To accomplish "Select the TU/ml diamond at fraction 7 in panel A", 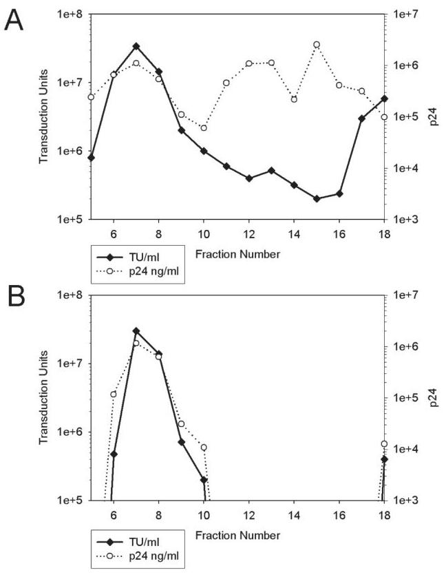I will [136, 46].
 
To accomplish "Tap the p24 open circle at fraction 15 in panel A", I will [317, 45].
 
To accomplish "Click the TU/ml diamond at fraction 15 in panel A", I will [317, 198].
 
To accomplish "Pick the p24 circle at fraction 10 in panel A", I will [204, 128].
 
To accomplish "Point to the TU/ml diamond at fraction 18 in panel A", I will [384, 98].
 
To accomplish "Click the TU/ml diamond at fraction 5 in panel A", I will [92, 157].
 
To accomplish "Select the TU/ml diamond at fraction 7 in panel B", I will [136, 331].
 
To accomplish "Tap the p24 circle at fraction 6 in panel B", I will [114, 394].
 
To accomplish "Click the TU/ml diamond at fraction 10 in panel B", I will [204, 480].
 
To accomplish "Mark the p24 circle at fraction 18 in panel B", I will [384, 444].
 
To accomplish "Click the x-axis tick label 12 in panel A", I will [249, 233].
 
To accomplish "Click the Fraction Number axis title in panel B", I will [237, 535].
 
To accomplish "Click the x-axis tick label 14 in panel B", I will [294, 514].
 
